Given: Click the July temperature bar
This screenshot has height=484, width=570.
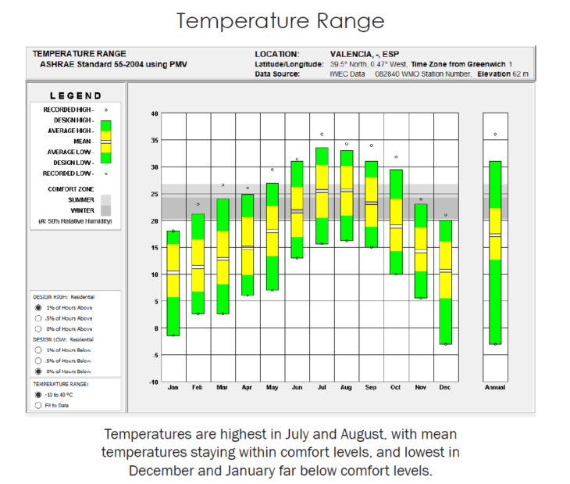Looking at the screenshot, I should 322,195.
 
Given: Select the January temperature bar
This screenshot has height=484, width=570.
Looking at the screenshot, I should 173,283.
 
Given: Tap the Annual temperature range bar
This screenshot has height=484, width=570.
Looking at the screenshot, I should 495,252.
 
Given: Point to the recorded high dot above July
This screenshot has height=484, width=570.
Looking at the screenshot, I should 322,134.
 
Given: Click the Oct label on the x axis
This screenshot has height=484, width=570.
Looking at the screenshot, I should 396,387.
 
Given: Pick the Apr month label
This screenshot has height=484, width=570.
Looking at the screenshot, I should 248,387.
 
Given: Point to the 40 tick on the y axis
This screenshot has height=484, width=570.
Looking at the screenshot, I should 154,113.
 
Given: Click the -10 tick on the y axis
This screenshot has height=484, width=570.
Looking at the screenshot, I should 153,382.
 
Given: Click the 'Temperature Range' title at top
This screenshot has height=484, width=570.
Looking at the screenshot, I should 280,21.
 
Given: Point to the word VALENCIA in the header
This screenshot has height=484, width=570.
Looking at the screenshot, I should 346,54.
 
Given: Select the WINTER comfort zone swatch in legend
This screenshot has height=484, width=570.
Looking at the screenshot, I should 105,210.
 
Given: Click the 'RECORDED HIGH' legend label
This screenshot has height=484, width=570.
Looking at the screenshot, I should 68,110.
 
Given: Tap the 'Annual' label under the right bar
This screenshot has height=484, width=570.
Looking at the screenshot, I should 495,387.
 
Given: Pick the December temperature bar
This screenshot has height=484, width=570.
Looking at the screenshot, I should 446,281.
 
